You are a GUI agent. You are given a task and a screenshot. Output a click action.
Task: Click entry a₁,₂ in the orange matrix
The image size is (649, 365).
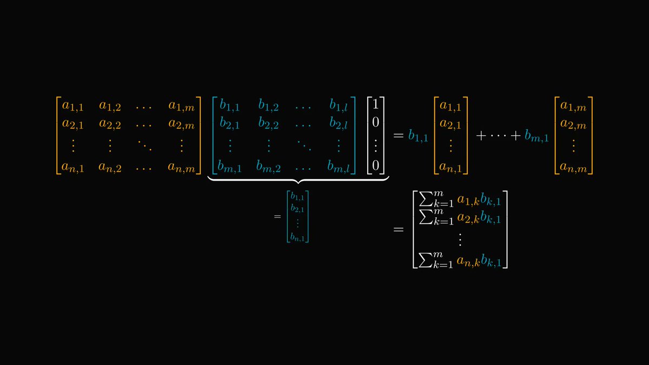tap(110, 106)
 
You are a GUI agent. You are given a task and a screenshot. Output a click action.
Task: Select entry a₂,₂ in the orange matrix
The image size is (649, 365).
tap(110, 125)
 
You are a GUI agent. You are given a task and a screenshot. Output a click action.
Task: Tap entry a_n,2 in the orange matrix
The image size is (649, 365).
tap(110, 168)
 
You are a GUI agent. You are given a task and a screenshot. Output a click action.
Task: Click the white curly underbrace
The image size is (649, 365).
tap(299, 181)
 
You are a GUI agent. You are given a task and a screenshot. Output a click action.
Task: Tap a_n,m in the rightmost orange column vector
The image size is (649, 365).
tap(573, 168)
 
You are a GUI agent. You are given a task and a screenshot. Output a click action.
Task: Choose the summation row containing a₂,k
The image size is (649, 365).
tap(459, 219)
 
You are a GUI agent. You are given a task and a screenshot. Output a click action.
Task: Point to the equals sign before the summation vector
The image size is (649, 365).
tap(398, 230)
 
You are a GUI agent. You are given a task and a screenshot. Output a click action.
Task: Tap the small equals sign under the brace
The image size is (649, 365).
tap(277, 217)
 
